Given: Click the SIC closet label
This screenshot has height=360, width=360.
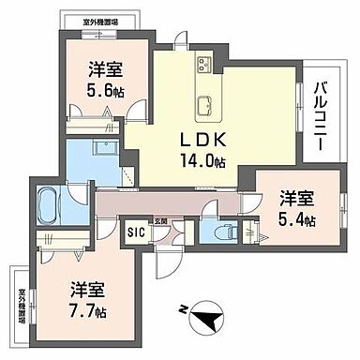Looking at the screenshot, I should [x=135, y=230].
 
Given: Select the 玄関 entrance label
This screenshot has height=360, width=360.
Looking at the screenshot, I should [x=161, y=221].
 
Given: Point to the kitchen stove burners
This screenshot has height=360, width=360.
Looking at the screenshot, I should [x=205, y=65].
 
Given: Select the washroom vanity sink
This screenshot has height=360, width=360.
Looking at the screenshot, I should [x=102, y=149].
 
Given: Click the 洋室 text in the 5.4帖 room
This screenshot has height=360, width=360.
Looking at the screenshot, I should [x=295, y=199].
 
